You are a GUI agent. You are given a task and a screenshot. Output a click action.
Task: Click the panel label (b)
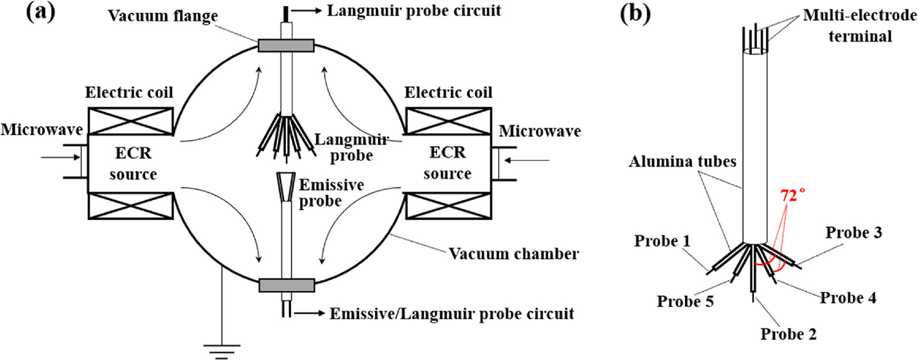point(635,13)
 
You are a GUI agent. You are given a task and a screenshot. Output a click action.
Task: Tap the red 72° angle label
point(793,195)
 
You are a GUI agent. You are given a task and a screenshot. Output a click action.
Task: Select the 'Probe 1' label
point(662,241)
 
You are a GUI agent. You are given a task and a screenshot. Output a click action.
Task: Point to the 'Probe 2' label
point(789,334)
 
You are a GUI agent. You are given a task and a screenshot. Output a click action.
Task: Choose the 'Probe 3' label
point(854,233)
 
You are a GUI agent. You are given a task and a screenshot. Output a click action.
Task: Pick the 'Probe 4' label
point(848,298)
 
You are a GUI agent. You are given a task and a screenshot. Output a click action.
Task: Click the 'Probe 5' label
point(685,302)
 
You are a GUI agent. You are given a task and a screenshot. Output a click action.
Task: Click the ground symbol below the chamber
point(221,349)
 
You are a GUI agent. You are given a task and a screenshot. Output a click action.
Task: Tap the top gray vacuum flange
point(286,45)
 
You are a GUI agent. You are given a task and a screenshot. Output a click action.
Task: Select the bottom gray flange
point(286,285)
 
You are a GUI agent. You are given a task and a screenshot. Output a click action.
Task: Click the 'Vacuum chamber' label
point(514,254)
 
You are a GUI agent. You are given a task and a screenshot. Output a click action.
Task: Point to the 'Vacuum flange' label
point(163,16)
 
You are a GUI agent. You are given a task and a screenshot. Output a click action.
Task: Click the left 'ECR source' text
point(133,163)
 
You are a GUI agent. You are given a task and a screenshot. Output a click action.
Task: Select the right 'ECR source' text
point(448,163)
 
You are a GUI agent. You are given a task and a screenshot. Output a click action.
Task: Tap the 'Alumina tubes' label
point(683,162)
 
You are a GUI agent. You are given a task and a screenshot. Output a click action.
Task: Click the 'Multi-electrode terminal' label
point(860,26)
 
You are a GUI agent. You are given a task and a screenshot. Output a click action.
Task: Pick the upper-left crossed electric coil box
point(131,121)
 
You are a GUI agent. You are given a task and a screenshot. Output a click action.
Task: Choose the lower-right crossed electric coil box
point(449,205)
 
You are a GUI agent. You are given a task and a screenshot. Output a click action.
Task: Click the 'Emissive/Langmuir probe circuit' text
point(452,314)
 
